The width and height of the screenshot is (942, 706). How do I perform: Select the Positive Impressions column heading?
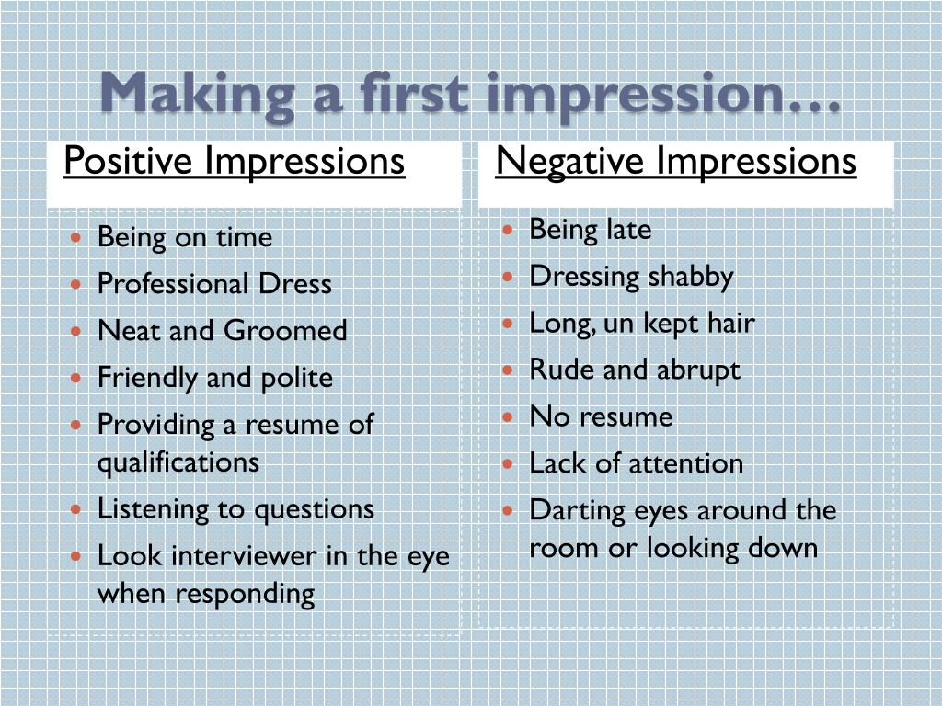(x=235, y=162)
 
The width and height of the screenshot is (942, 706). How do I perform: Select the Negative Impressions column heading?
(x=676, y=162)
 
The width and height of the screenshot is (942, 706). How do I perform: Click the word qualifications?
(x=178, y=461)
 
